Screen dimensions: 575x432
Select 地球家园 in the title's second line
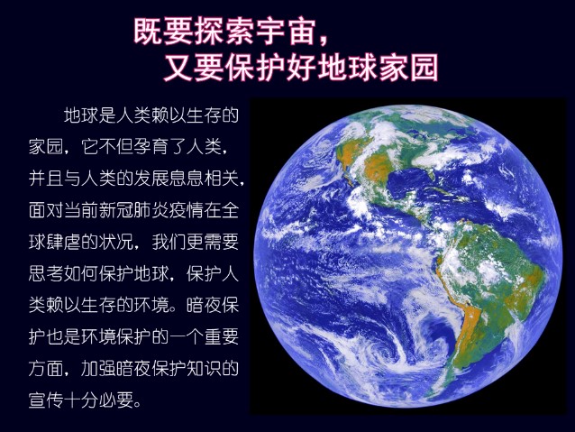pyautogui.click(x=379, y=68)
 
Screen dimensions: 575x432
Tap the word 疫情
pyautogui.click(x=187, y=210)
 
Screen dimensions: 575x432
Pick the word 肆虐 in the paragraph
pyautogui.click(x=64, y=242)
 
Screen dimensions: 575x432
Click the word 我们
pyautogui.click(x=169, y=242)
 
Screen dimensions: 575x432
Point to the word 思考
pyautogui.click(x=46, y=273)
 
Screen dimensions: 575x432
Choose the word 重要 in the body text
pyautogui.click(x=222, y=336)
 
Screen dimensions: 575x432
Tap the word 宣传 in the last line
pyautogui.click(x=46, y=400)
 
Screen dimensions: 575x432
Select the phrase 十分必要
pyautogui.click(x=99, y=400)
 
